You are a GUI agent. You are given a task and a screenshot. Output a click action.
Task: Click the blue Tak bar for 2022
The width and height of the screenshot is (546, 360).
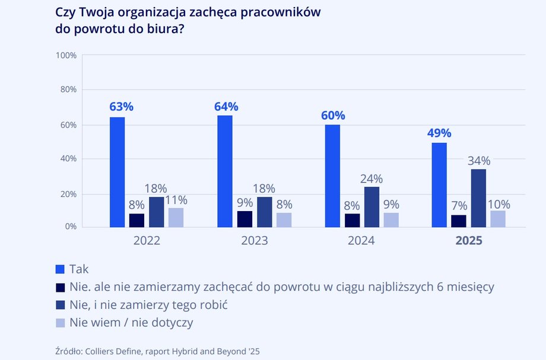(x=117, y=172)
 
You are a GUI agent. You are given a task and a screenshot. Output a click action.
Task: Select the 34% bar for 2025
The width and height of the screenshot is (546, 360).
(x=478, y=198)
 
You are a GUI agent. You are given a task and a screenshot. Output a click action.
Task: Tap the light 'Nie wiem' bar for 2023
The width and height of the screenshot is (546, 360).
(x=284, y=219)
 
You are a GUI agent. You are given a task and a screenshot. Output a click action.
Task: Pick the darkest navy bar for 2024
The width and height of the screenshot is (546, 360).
(x=353, y=220)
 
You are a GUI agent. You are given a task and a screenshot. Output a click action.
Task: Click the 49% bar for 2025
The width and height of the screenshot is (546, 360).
(x=439, y=184)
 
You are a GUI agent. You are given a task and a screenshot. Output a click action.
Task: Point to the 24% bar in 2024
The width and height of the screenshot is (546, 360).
(x=372, y=206)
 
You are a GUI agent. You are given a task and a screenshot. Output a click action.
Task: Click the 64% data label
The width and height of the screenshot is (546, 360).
(x=226, y=107)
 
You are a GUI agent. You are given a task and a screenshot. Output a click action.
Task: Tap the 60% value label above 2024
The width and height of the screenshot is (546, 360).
(x=332, y=116)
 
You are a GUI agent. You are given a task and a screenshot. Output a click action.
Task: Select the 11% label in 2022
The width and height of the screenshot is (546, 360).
(x=176, y=200)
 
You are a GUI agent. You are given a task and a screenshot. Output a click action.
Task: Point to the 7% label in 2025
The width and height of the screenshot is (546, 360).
(x=459, y=206)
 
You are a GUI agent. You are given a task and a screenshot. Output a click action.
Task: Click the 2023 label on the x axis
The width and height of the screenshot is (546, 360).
(x=254, y=241)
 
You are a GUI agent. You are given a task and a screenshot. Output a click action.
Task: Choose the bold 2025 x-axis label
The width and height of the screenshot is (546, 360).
(x=469, y=241)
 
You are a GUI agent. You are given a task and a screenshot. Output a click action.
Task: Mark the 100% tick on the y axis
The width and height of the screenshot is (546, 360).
(x=66, y=55)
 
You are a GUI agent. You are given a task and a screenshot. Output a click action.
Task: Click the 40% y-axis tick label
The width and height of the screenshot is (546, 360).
(x=68, y=159)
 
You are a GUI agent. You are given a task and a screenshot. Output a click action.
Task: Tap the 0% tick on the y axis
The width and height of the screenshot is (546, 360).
(x=70, y=227)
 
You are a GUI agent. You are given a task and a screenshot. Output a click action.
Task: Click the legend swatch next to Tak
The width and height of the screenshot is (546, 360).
(x=59, y=269)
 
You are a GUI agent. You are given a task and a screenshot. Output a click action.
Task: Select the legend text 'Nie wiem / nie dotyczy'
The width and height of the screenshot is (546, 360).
(x=132, y=323)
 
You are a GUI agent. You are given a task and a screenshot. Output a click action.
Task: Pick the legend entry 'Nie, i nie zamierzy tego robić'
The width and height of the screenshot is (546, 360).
(x=149, y=305)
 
